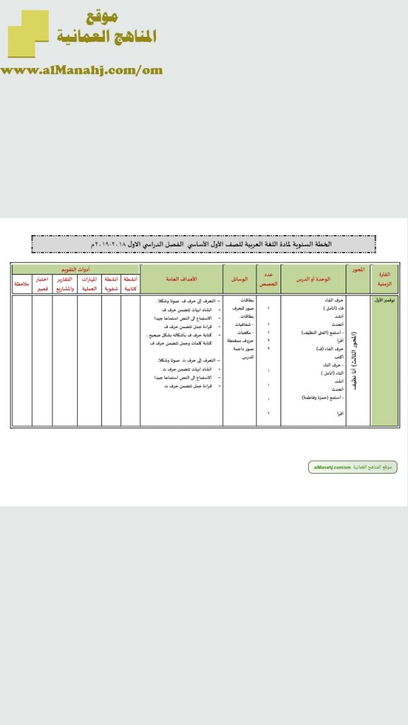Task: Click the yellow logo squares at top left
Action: click(x=28, y=33)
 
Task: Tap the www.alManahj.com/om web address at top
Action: click(x=82, y=70)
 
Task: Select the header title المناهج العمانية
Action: click(x=106, y=37)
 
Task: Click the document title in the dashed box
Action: click(x=204, y=244)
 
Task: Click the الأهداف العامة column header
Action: click(x=181, y=279)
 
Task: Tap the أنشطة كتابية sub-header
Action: click(x=130, y=284)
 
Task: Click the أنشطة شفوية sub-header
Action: click(x=110, y=284)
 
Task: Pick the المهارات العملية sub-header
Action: click(x=89, y=284)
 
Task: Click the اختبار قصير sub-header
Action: click(x=42, y=284)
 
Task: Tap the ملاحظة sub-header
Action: click(x=22, y=284)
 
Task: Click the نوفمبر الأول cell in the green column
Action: click(x=385, y=300)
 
